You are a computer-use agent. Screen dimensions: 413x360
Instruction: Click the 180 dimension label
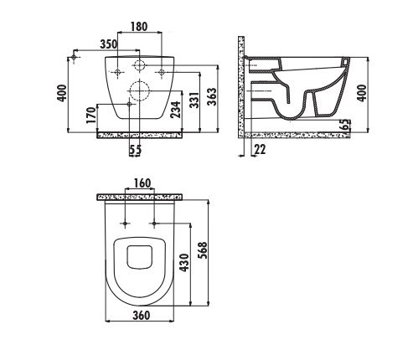[139, 27]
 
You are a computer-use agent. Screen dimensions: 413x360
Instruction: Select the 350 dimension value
[109, 44]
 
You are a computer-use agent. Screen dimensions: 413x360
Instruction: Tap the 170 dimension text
[91, 116]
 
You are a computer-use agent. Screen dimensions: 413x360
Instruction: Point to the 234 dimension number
[176, 110]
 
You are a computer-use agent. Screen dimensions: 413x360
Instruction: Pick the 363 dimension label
[212, 96]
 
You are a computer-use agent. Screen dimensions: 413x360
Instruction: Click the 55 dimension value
[136, 150]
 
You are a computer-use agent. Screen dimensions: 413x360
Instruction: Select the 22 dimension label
[260, 150]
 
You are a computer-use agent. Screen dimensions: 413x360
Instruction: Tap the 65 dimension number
[346, 124]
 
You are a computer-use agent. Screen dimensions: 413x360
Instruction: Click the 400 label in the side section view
[362, 93]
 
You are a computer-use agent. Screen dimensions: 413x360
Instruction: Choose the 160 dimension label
[142, 183]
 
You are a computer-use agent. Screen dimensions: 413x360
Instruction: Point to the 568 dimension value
[204, 250]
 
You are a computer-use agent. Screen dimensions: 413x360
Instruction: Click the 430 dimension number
[184, 263]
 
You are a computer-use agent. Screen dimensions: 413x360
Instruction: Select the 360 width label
[142, 316]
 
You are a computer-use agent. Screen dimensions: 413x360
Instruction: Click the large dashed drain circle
[139, 91]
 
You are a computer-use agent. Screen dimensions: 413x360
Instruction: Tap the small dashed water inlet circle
[139, 65]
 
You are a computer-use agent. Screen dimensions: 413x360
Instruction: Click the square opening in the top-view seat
[140, 257]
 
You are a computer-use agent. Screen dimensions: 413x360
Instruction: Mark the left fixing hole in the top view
[125, 224]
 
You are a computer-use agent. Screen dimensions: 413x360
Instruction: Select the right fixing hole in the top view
[154, 224]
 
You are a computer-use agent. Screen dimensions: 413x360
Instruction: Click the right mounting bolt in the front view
[162, 72]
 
